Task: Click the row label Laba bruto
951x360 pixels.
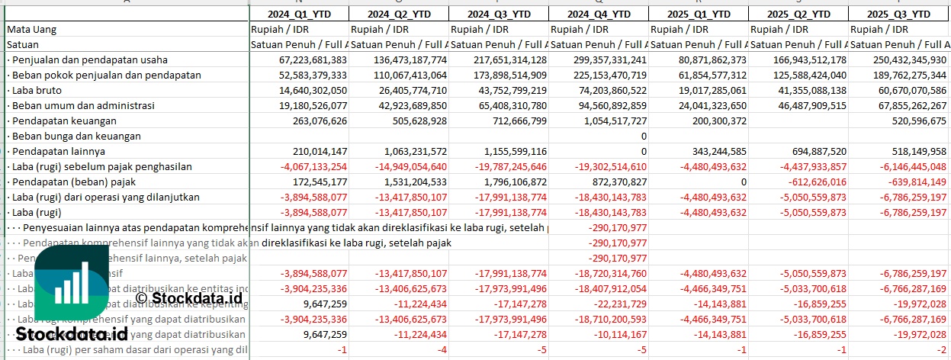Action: pos(37,90)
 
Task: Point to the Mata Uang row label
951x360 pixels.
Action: pos(32,29)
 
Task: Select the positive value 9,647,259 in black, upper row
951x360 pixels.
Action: pos(324,304)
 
